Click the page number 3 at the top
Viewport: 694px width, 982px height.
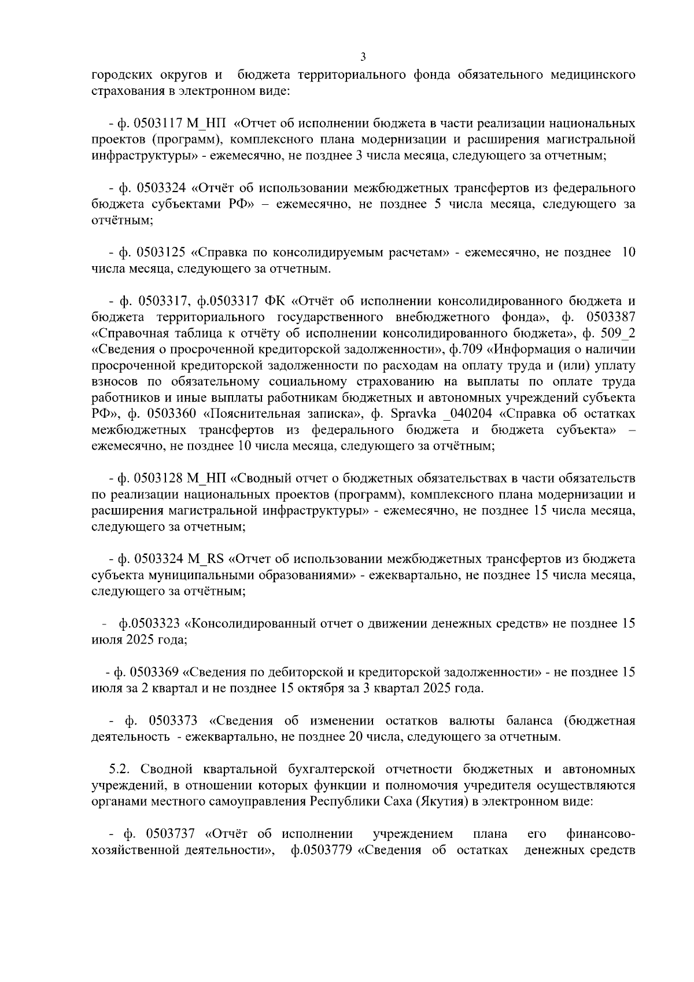click(x=363, y=56)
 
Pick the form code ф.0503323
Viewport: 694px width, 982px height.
click(x=149, y=624)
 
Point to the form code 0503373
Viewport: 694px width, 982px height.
click(x=173, y=722)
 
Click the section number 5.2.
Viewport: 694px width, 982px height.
click(x=121, y=770)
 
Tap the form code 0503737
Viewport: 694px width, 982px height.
click(x=172, y=834)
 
